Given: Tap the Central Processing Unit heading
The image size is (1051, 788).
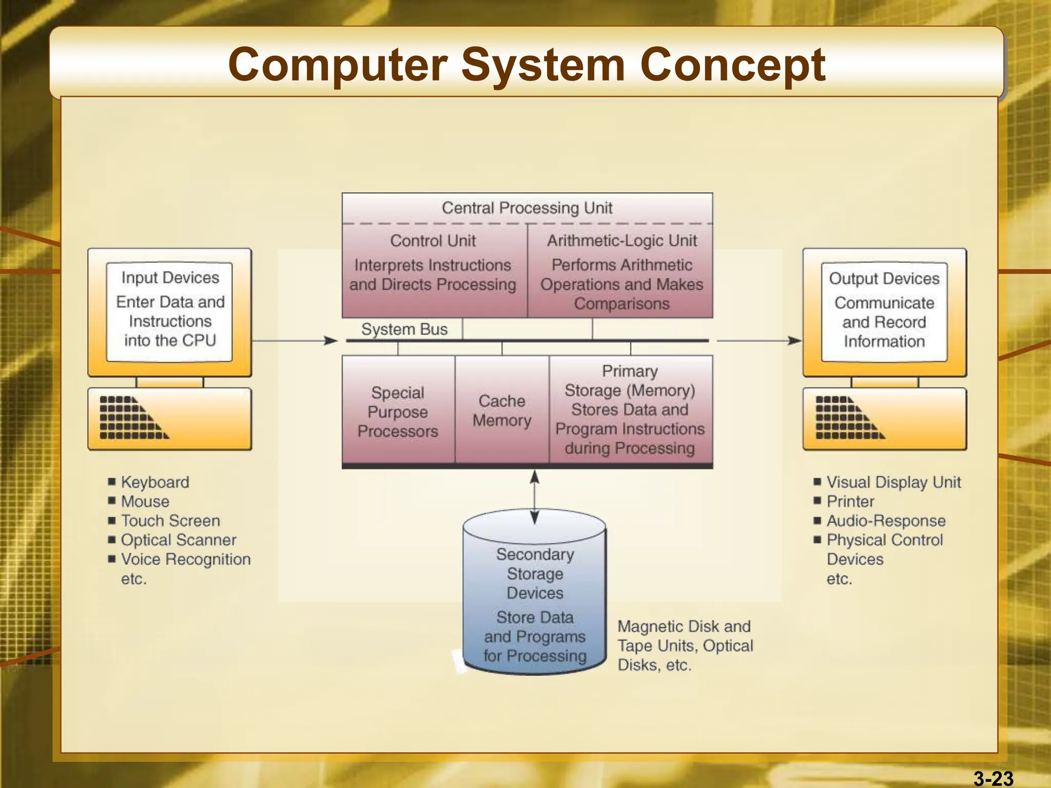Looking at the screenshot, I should click(x=527, y=208).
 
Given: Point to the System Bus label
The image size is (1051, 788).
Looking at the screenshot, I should click(x=404, y=329).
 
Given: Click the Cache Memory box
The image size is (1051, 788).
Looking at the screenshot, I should click(x=502, y=410).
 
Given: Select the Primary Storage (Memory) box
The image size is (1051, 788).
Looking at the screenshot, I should click(x=630, y=409).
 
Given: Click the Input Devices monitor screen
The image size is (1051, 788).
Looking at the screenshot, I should click(x=170, y=311).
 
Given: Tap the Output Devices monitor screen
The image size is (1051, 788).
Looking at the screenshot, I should click(x=884, y=311).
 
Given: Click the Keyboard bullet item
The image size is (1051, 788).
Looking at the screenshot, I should click(x=154, y=482).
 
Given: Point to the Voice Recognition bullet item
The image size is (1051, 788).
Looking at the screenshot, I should click(x=185, y=559).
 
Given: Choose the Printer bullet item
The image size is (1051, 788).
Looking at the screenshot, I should click(x=850, y=501).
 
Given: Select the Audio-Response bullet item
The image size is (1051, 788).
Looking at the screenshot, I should click(x=886, y=521).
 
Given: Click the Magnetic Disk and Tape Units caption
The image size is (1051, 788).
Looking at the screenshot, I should click(x=685, y=645).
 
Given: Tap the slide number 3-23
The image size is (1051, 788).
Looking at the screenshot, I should click(x=993, y=778).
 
